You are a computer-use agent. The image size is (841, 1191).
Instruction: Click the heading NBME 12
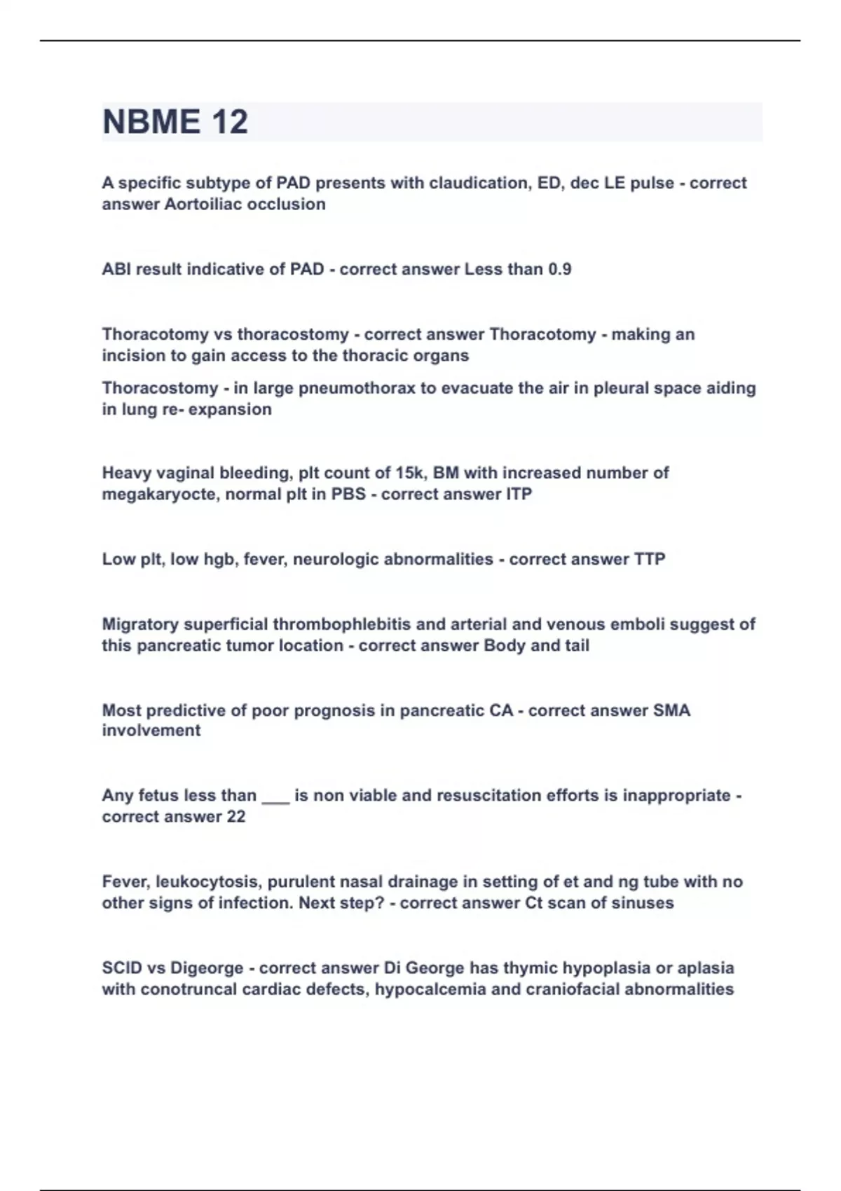point(175,122)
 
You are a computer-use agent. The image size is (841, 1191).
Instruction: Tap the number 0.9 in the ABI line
point(559,270)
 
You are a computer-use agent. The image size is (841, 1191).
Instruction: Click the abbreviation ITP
point(519,495)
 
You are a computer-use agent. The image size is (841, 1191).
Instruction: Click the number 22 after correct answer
point(236,817)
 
